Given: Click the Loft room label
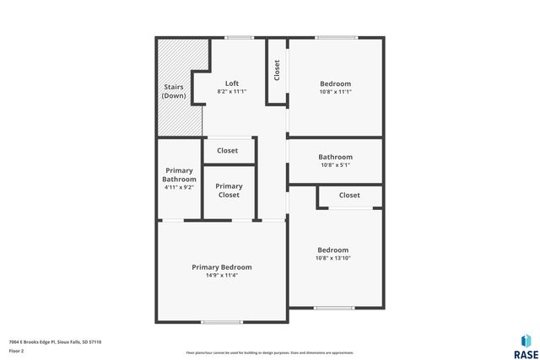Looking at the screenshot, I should click(232, 83).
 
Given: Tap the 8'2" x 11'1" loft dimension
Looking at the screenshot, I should click(232, 91).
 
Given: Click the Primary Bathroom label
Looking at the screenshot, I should click(179, 175).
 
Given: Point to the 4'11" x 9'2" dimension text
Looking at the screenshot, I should click(179, 187).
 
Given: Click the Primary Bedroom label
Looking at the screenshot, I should click(221, 267).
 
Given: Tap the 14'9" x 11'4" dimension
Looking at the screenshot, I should click(221, 275).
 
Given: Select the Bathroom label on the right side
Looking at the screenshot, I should click(335, 157).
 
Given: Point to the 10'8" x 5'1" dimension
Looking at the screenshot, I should click(335, 165).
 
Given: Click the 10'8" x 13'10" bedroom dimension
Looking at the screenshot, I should click(332, 258).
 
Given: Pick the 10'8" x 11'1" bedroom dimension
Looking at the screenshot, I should click(335, 92).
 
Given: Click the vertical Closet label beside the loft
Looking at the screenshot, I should click(277, 70).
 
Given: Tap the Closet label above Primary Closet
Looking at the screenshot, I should click(227, 151).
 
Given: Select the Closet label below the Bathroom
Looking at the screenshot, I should click(349, 196).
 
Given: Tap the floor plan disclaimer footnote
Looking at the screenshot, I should click(269, 352).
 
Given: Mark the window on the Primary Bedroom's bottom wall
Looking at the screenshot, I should click(221, 322).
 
